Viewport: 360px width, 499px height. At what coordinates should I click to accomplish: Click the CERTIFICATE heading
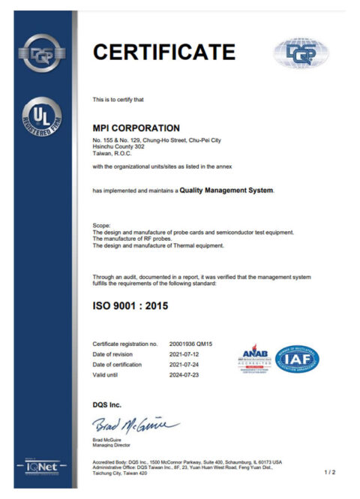(163, 52)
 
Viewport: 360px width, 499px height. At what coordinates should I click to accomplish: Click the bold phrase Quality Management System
(226, 191)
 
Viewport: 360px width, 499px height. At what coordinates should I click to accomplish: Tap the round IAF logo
(296, 359)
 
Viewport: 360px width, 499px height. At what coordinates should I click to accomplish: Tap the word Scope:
(101, 225)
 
